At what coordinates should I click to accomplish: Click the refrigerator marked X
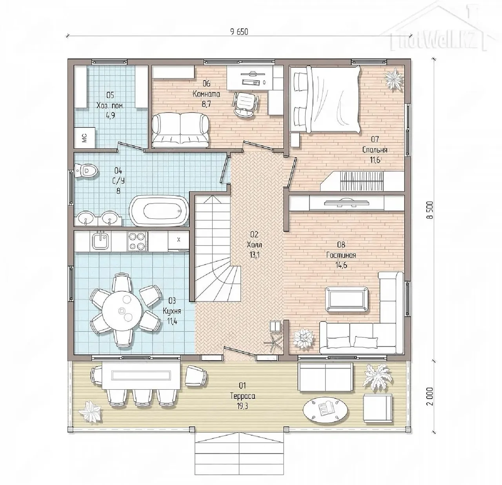178,240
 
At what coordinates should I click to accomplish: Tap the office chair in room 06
246,104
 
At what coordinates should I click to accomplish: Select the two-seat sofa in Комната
180,130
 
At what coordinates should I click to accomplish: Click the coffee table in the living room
347,299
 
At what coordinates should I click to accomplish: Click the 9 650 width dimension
239,32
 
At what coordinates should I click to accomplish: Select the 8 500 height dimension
430,210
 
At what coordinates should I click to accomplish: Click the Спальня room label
375,150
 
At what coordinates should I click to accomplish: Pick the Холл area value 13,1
254,255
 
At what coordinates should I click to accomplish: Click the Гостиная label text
341,255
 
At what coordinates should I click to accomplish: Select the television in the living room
347,202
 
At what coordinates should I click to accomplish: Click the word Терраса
242,396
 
